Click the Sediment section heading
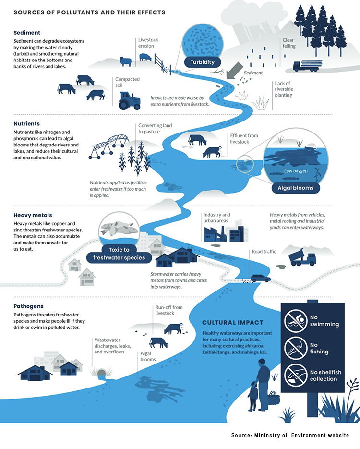tap(27, 33)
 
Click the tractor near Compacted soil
tap(130, 101)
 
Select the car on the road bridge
tap(259, 278)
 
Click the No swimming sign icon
tap(296, 320)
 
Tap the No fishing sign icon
tap(296, 347)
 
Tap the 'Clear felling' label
tap(289, 43)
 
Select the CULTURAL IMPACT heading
tap(231, 322)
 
